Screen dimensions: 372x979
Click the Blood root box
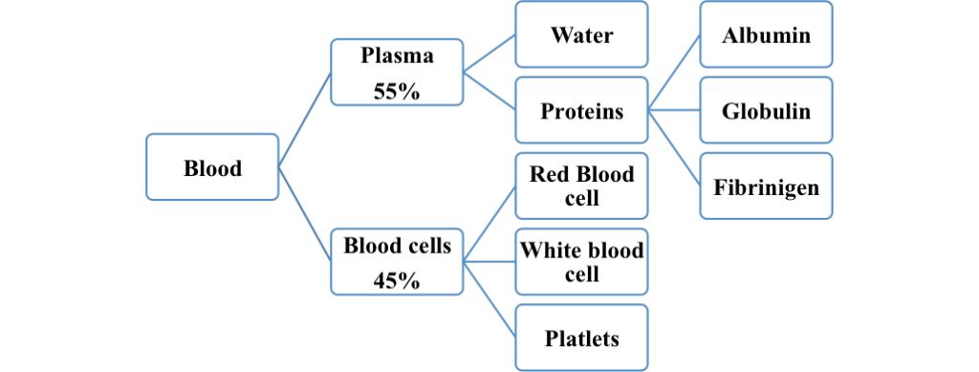point(212,168)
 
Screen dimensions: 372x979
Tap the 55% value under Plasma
point(397,93)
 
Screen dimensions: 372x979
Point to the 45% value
point(397,281)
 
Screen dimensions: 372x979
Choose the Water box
point(581,36)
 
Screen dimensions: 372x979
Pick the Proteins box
point(581,111)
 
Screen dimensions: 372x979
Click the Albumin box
point(766,36)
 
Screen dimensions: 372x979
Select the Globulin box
point(766,111)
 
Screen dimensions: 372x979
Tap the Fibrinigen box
point(766,186)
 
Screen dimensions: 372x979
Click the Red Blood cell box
point(581,186)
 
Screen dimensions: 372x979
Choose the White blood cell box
point(581,260)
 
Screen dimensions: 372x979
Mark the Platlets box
point(581,338)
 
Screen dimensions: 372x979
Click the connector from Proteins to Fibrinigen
point(674,148)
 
